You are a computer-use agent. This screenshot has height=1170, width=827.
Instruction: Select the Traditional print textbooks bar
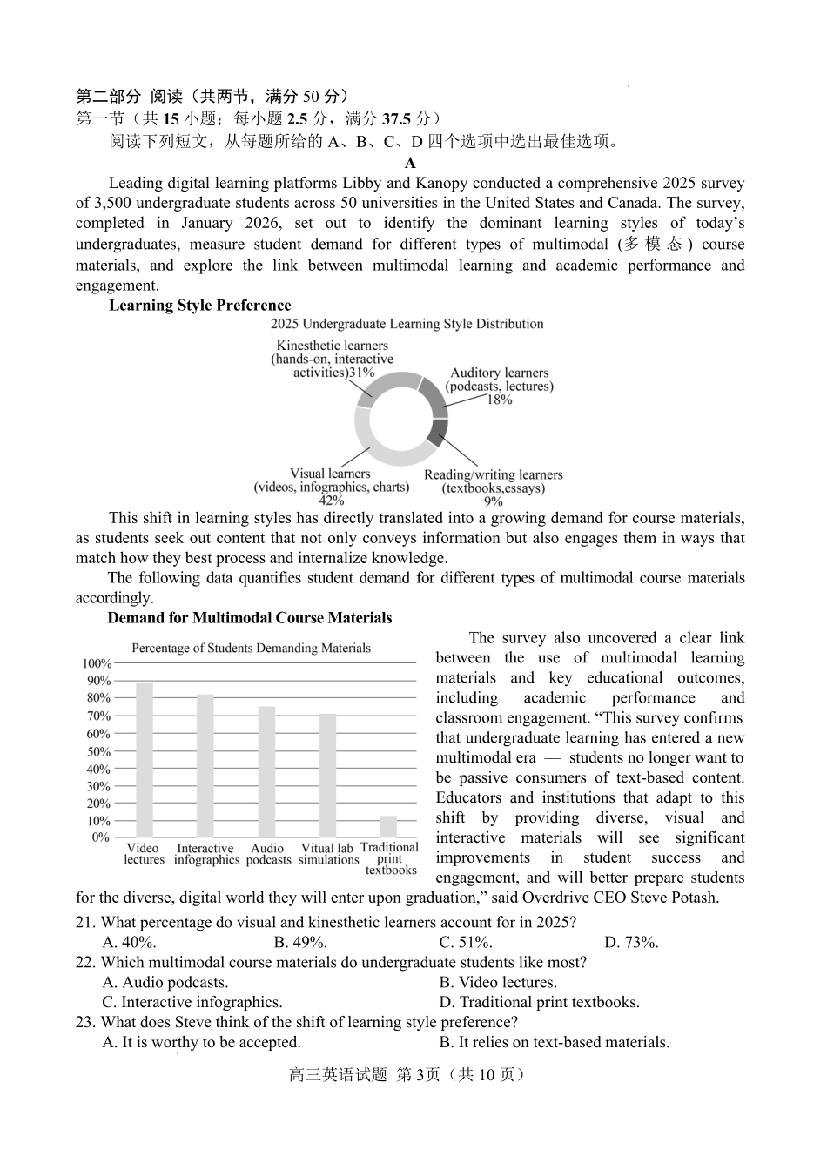pyautogui.click(x=388, y=826)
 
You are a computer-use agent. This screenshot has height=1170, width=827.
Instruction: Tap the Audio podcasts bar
pyautogui.click(x=266, y=771)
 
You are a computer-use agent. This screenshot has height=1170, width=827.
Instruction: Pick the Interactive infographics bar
pyautogui.click(x=205, y=765)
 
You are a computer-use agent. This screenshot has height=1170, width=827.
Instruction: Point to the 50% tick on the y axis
pyautogui.click(x=98, y=751)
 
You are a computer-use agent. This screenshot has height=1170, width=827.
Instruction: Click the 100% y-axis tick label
pyautogui.click(x=97, y=664)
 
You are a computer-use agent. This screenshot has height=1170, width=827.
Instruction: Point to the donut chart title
pyautogui.click(x=407, y=324)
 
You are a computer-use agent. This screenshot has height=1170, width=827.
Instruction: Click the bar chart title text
pyautogui.click(x=251, y=648)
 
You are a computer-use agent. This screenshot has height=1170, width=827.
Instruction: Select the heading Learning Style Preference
pyautogui.click(x=199, y=306)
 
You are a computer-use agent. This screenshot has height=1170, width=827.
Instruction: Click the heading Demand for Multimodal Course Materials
pyautogui.click(x=249, y=618)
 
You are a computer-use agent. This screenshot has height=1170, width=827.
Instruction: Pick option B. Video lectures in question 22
pyautogui.click(x=498, y=982)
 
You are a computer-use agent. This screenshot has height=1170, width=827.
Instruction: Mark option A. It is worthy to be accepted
pyautogui.click(x=201, y=1042)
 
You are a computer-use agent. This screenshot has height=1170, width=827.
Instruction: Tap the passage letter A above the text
pyautogui.click(x=410, y=163)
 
